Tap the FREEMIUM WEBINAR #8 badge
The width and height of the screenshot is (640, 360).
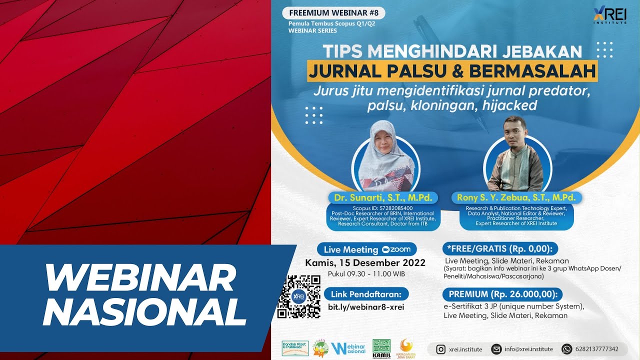coord(333,13)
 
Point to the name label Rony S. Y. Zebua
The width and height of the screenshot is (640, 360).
coord(516,197)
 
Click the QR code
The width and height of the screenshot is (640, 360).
coord(299,296)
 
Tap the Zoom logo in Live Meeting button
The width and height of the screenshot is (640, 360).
coord(396,249)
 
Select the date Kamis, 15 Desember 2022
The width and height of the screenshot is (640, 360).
coord(365,263)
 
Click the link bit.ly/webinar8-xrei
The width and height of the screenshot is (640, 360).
coord(366,307)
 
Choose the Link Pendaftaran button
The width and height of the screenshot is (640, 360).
coord(366,293)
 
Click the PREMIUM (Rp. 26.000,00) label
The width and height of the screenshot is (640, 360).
coord(502,293)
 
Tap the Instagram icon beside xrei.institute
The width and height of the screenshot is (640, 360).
coord(441,349)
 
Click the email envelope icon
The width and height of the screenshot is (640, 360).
coord(496,349)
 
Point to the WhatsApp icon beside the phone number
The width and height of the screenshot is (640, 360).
coord(566,349)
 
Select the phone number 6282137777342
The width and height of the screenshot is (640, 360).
coord(596,349)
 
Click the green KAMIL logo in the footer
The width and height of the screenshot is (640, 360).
coord(382,349)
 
